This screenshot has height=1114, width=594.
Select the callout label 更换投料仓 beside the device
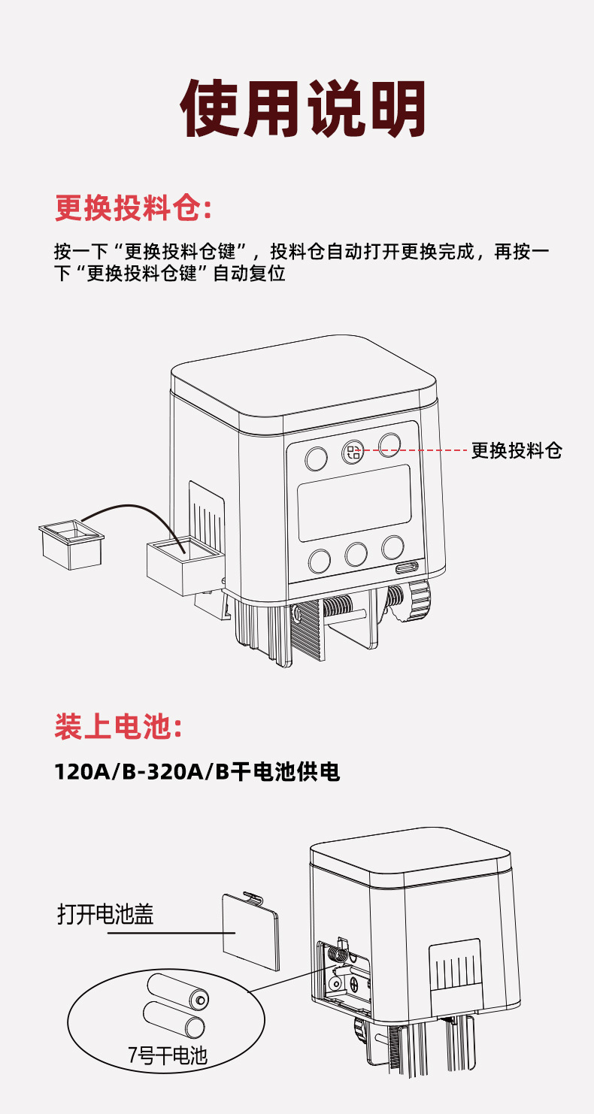(x=517, y=451)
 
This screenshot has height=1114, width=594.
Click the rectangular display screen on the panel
(x=354, y=502)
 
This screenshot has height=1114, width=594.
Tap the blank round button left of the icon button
(x=316, y=458)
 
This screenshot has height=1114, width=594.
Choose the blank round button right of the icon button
(x=390, y=445)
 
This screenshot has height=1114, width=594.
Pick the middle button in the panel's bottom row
(x=356, y=554)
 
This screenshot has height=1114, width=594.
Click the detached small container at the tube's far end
(x=71, y=543)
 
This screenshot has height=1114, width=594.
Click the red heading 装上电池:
(x=119, y=728)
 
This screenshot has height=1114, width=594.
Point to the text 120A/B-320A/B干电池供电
(x=197, y=772)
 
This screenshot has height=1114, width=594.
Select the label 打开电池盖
(x=105, y=914)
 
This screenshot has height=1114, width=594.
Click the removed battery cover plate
(x=250, y=930)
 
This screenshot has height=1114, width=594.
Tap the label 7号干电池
(x=167, y=1056)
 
